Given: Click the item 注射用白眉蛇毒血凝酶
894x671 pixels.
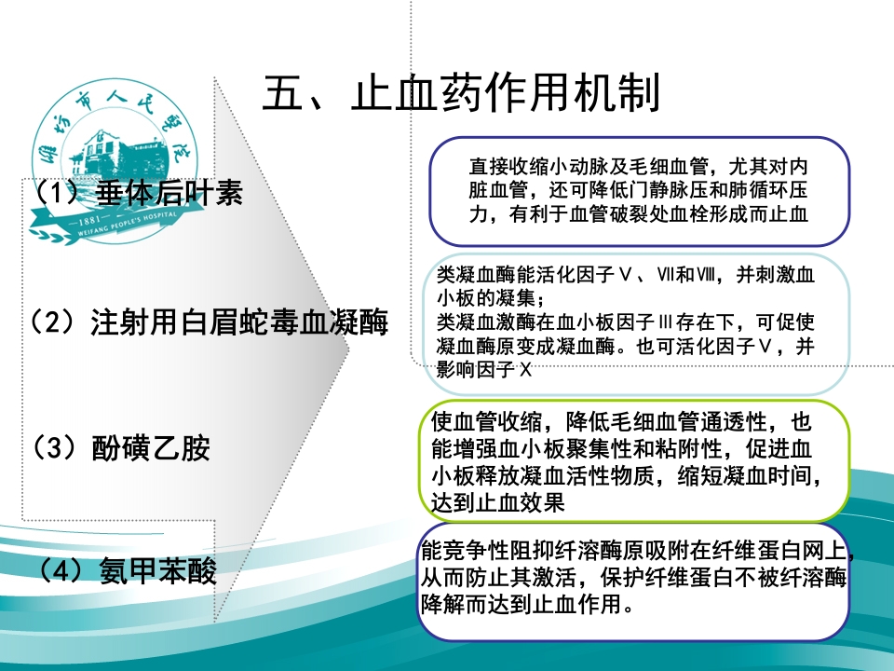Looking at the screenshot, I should [x=239, y=323].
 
